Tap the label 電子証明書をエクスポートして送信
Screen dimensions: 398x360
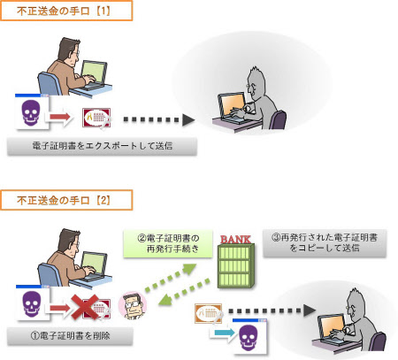(x=102, y=146)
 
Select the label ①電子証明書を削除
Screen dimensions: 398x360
(x=70, y=336)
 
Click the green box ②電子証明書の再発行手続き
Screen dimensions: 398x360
(x=168, y=244)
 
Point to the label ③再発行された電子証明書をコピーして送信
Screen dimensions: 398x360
(x=325, y=243)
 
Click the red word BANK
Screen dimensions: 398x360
(x=235, y=240)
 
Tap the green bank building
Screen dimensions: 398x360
(x=236, y=266)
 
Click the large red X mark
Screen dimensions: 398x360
(x=85, y=307)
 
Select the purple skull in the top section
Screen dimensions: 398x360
(x=31, y=113)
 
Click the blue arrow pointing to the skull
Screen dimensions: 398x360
(x=223, y=333)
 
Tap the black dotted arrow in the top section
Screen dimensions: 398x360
(x=159, y=119)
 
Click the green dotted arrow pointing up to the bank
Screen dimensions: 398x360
(x=171, y=277)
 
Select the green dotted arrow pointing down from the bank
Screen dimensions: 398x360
(x=184, y=293)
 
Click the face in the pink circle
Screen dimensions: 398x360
(x=133, y=305)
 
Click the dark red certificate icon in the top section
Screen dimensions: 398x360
(x=96, y=118)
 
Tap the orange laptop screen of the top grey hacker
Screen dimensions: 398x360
(x=232, y=106)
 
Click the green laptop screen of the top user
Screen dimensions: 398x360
(x=94, y=73)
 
